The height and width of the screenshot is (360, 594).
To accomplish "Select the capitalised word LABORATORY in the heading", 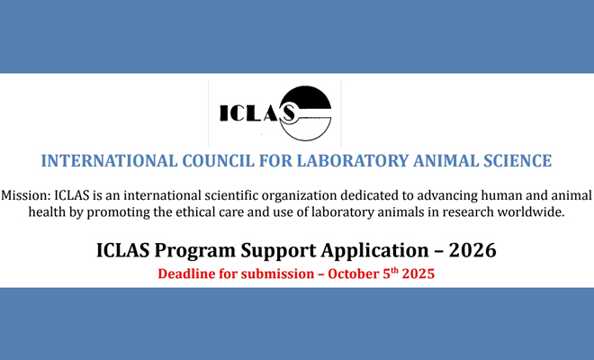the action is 351,161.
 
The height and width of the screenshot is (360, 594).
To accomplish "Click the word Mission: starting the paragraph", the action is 26,195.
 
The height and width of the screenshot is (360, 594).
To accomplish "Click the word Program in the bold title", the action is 194,251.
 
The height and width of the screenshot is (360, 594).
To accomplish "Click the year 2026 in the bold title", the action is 472,250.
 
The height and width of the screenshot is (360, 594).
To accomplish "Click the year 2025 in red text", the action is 418,274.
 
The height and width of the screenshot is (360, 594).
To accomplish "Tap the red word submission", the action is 277,274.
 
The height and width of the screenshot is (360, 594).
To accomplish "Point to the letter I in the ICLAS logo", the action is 224,112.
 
